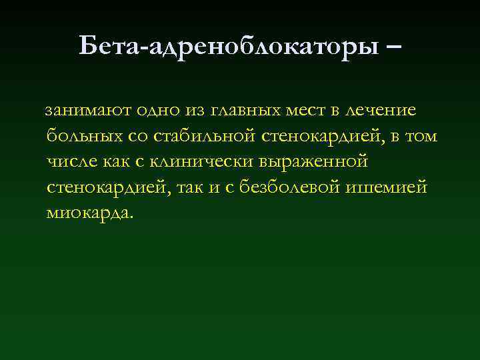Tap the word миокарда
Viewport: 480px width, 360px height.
point(89,213)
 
